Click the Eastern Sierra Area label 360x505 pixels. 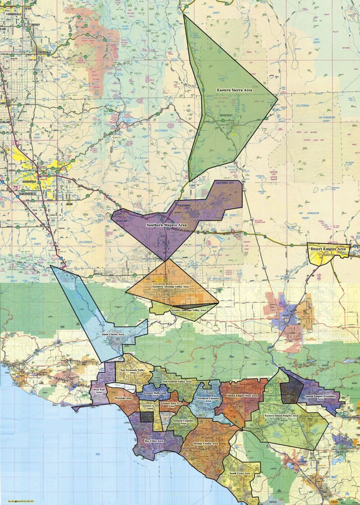pos(235,90)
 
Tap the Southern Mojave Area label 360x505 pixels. pos(167,225)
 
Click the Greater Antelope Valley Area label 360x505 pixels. pos(188,310)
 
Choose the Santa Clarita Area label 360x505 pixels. pos(112,335)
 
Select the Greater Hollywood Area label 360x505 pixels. pos(153,394)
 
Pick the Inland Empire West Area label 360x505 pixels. pos(241,396)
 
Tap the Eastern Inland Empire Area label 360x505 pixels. pos(281,416)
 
